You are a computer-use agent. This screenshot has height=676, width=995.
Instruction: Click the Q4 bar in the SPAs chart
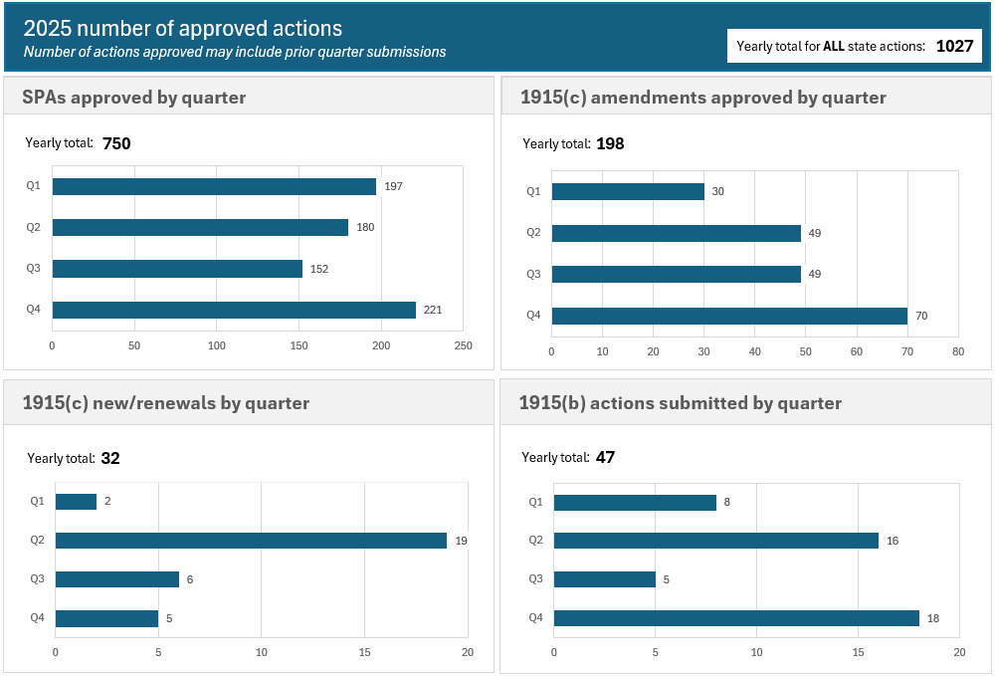click(234, 310)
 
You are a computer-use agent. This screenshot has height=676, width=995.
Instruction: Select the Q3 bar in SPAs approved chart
click(177, 269)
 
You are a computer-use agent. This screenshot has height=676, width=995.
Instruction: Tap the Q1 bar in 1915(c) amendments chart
click(628, 191)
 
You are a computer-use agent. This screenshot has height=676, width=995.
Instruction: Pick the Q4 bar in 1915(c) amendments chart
click(729, 316)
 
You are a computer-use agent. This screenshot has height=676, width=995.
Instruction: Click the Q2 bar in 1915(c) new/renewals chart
click(251, 541)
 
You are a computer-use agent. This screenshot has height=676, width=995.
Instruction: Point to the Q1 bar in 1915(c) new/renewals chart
click(76, 502)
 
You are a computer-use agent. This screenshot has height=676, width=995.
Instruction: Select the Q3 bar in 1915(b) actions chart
click(604, 579)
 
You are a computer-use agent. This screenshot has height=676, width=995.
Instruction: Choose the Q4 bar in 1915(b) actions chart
click(736, 618)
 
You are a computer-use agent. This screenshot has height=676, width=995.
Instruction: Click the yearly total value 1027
click(954, 47)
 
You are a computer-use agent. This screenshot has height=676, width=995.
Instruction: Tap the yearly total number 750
click(116, 143)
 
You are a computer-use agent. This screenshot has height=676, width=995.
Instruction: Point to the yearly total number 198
click(610, 143)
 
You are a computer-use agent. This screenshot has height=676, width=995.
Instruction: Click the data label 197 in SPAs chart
click(393, 186)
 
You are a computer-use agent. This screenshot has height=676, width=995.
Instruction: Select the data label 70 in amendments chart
click(921, 317)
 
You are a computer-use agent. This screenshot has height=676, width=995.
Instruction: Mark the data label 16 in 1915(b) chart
click(893, 541)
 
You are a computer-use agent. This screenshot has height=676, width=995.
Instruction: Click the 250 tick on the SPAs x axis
click(463, 345)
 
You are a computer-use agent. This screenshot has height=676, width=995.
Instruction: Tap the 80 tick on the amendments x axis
click(957, 351)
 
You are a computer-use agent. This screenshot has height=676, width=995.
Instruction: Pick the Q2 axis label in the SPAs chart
click(34, 227)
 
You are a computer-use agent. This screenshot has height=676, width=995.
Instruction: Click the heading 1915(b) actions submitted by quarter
click(681, 403)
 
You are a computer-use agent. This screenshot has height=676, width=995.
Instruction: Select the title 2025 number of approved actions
click(183, 29)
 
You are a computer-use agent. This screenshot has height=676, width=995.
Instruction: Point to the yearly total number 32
click(110, 459)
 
